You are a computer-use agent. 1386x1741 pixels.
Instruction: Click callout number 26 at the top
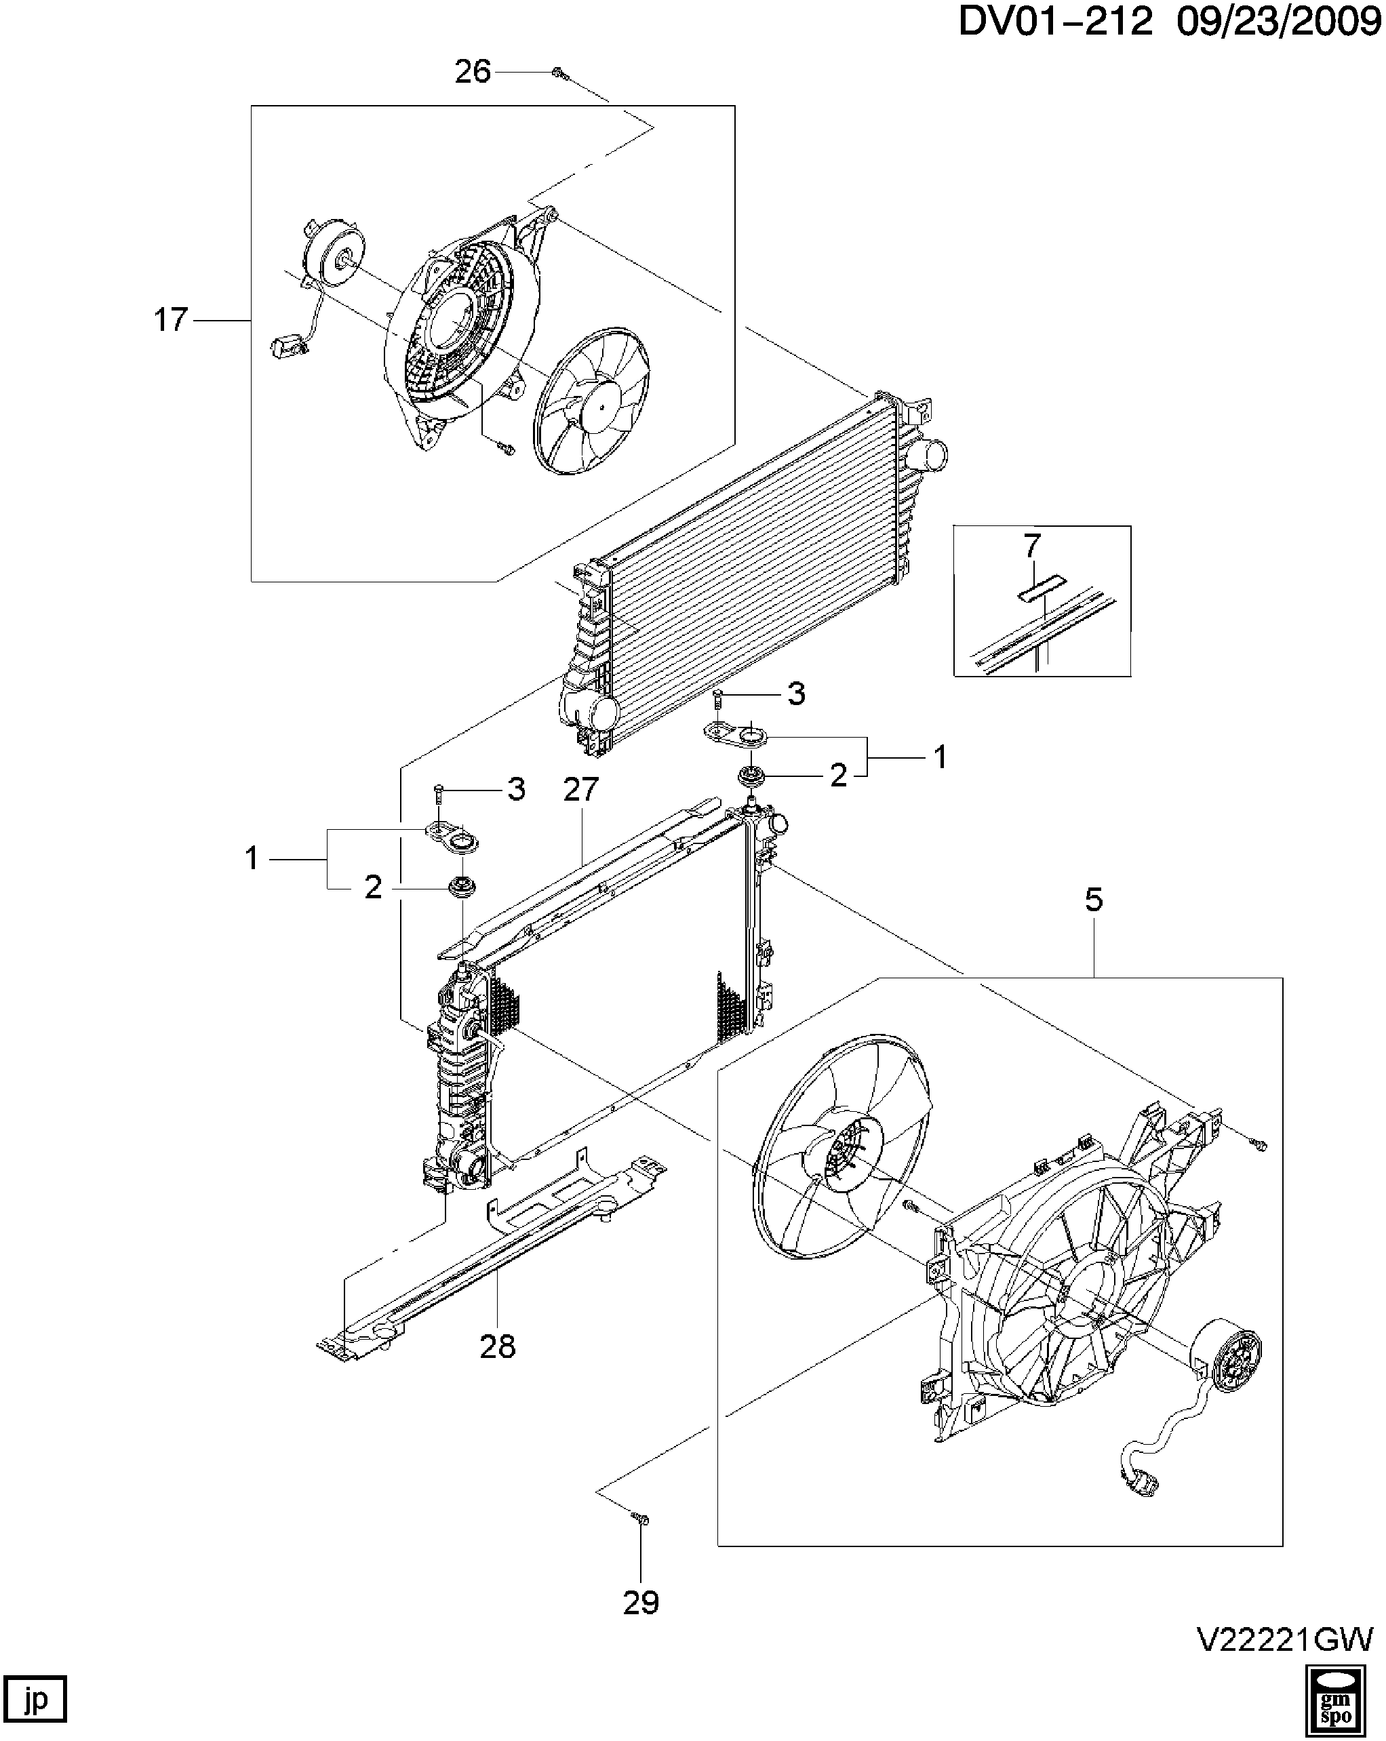tap(473, 72)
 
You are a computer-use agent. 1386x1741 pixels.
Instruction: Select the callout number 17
tap(170, 320)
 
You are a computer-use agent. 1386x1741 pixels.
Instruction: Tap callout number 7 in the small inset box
tap(1032, 546)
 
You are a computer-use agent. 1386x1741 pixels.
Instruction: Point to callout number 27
tap(580, 789)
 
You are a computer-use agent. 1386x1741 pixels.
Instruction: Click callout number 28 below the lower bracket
tap(498, 1346)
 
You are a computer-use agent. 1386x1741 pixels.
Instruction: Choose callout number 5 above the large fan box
tap(1094, 900)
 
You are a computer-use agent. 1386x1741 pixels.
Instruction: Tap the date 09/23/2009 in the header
tap(1280, 22)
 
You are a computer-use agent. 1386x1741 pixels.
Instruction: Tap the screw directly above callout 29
tap(641, 1519)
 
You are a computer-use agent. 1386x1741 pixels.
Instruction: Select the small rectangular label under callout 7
tap(1040, 587)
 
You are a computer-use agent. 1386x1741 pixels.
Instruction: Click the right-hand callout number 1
tap(939, 757)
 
